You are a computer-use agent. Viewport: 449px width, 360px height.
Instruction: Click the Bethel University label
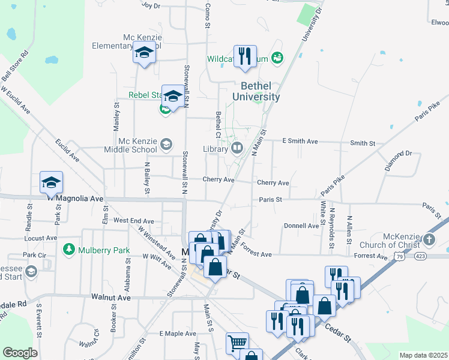256,91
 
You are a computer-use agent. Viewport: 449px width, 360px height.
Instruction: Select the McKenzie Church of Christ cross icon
429,240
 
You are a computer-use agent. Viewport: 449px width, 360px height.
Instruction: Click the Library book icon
237,148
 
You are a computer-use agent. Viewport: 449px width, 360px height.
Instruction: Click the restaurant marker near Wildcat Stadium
245,56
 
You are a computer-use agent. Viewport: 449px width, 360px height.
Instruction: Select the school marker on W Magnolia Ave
52,182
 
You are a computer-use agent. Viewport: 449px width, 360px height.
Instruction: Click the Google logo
20,353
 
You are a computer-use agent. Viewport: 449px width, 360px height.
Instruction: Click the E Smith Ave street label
300,142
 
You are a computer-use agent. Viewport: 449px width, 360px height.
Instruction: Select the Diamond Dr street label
400,154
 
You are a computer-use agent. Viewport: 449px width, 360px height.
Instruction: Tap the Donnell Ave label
301,226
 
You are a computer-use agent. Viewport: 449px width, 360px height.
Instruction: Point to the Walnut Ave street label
111,297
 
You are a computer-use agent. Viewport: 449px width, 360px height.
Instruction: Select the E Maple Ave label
178,333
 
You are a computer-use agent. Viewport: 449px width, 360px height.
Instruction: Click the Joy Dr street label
151,5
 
